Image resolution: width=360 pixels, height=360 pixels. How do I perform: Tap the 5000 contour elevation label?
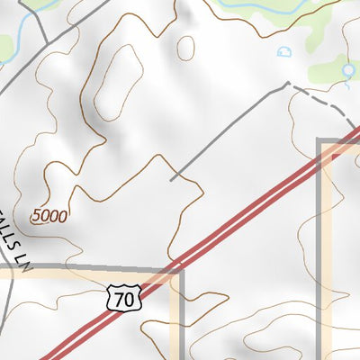(48, 216)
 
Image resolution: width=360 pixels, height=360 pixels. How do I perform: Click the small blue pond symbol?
(285, 52)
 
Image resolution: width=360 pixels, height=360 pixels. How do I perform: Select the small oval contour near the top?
(186, 48)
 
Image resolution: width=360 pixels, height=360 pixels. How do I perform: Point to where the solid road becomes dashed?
(288, 84)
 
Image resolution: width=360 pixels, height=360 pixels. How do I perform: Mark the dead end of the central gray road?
(171, 180)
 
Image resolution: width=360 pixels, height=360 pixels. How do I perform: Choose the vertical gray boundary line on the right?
(321, 252)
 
